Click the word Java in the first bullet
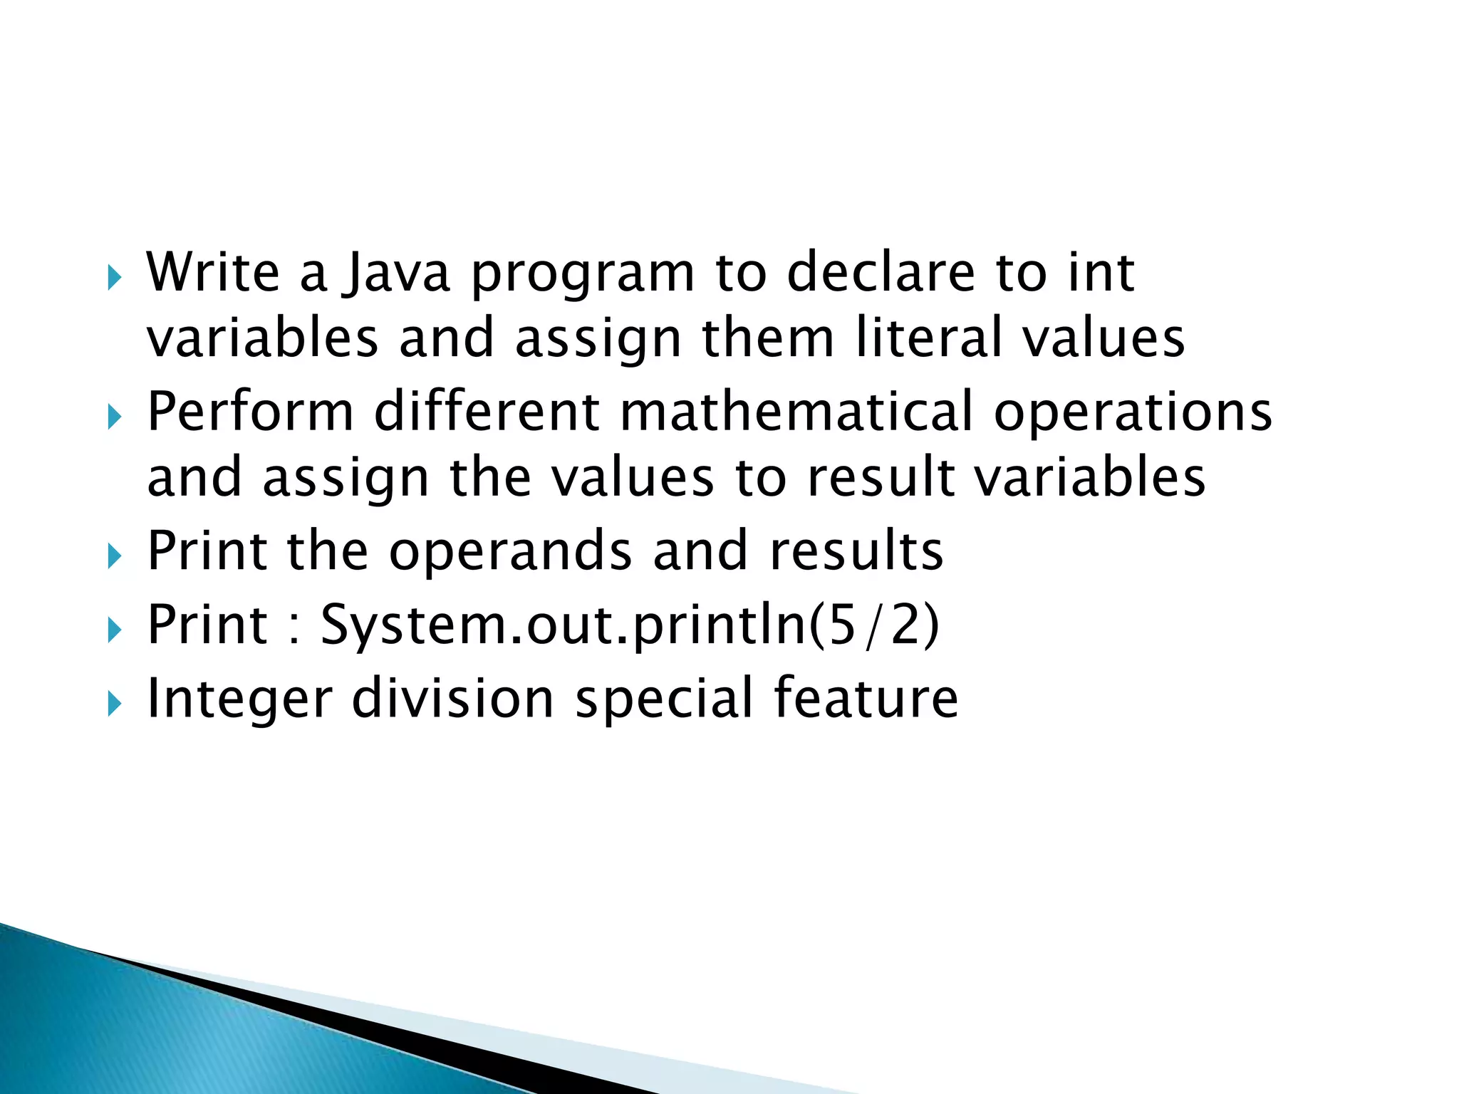(x=395, y=273)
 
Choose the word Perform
(x=250, y=412)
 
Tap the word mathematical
(x=796, y=412)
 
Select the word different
(x=487, y=412)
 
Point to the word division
(x=453, y=698)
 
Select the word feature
(x=866, y=698)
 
